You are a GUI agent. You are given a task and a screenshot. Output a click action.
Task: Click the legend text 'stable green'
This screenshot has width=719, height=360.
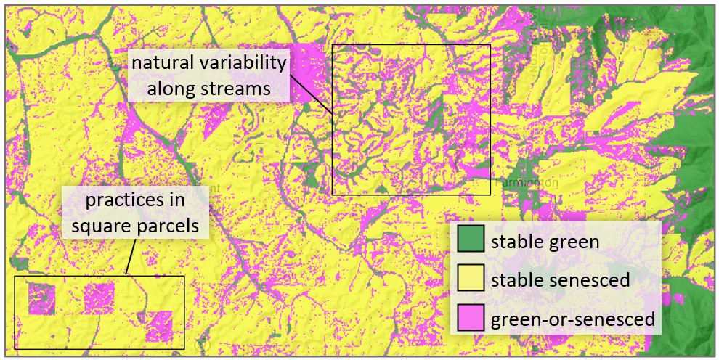[x=545, y=241]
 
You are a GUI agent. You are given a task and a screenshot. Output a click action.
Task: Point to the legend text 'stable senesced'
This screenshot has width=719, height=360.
[x=560, y=280]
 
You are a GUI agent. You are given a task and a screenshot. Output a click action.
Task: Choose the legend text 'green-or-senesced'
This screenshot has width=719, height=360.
[x=573, y=319]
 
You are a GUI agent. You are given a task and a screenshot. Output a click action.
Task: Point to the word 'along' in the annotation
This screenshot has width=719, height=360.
[x=172, y=89]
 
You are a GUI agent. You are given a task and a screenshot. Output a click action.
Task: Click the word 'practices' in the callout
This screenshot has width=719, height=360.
[x=135, y=199]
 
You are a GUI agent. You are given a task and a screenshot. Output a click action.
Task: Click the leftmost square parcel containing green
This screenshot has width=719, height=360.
[x=41, y=298]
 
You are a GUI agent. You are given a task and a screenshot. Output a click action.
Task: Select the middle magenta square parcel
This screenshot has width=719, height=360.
[x=99, y=297]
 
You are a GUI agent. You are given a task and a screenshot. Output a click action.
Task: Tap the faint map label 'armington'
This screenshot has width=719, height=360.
[x=531, y=183]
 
